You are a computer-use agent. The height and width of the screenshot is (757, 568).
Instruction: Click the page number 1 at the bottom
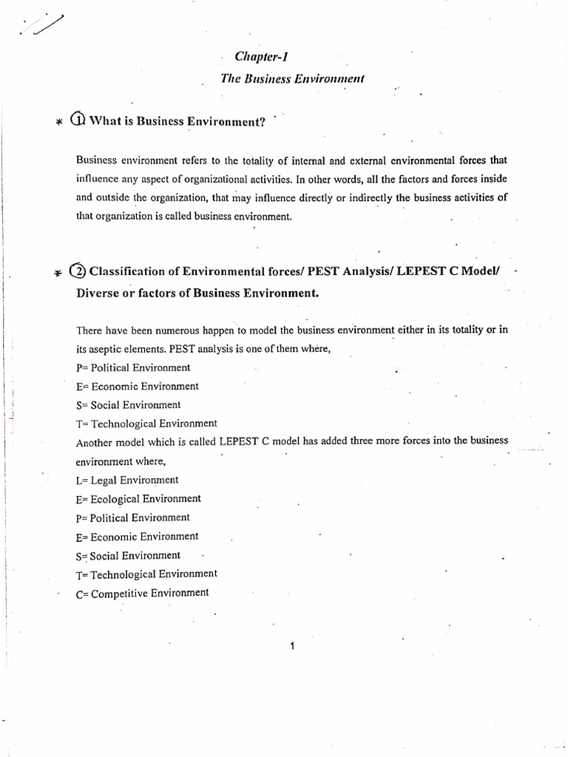pyautogui.click(x=293, y=646)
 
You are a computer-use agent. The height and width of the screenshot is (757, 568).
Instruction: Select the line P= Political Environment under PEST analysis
pyautogui.click(x=133, y=367)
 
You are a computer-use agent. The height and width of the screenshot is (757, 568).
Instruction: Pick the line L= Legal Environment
pyautogui.click(x=127, y=480)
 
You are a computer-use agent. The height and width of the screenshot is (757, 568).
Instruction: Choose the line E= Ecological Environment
pyautogui.click(x=138, y=499)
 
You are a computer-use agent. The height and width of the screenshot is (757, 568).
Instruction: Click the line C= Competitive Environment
pyautogui.click(x=142, y=592)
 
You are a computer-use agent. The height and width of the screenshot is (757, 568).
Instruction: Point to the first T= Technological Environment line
pyautogui.click(x=146, y=424)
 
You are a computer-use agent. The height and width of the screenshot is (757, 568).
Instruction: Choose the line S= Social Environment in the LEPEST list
pyautogui.click(x=128, y=555)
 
